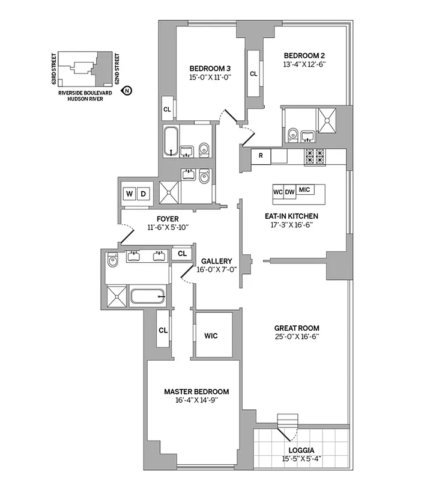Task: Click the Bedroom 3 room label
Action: pyautogui.click(x=210, y=67)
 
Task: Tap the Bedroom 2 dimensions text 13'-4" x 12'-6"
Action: pyautogui.click(x=304, y=64)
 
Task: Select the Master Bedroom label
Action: pyautogui.click(x=196, y=391)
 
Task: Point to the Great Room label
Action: pyautogui.click(x=295, y=328)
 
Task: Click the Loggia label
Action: pyautogui.click(x=301, y=450)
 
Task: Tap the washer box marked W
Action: pyautogui.click(x=129, y=194)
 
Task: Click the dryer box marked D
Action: pyautogui.click(x=144, y=194)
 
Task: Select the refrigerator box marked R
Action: pyautogui.click(x=261, y=156)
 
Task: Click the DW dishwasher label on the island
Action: pyautogui.click(x=290, y=191)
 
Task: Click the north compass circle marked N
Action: pyautogui.click(x=127, y=91)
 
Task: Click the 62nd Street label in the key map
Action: pyautogui.click(x=118, y=68)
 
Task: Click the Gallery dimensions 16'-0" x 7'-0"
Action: pyautogui.click(x=217, y=269)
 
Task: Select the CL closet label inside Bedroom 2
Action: pyautogui.click(x=253, y=74)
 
